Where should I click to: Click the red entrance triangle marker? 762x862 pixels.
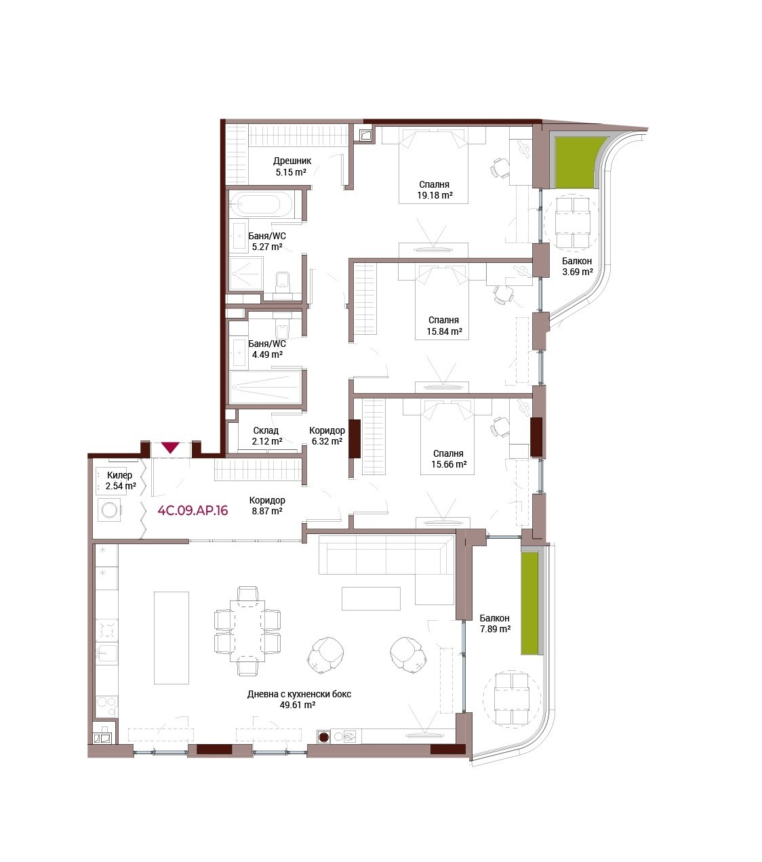(171, 447)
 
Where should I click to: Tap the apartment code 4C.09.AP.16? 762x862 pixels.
(193, 510)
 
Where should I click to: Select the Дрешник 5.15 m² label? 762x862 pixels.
(292, 166)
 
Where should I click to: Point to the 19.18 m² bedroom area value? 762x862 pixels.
(434, 195)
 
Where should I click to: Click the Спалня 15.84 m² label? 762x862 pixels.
(444, 325)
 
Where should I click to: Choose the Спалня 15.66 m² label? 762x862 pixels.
(448, 459)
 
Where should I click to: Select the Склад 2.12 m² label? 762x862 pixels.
(267, 436)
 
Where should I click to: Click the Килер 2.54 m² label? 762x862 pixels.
(121, 480)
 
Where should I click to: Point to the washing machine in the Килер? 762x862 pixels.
(109, 510)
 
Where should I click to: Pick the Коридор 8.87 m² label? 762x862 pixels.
(267, 506)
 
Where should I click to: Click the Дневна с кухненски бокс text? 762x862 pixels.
(299, 694)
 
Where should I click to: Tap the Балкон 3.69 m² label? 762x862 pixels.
(577, 266)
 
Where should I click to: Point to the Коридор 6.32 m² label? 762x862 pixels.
(327, 436)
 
